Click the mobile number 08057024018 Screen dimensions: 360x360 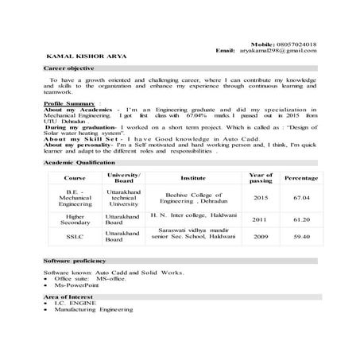tap(296, 44)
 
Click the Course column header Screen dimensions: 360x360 tap(75, 178)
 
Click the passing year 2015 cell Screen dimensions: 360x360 tap(260, 197)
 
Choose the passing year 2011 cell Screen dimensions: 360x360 tap(260, 219)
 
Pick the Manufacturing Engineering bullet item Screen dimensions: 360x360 tap(87, 310)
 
